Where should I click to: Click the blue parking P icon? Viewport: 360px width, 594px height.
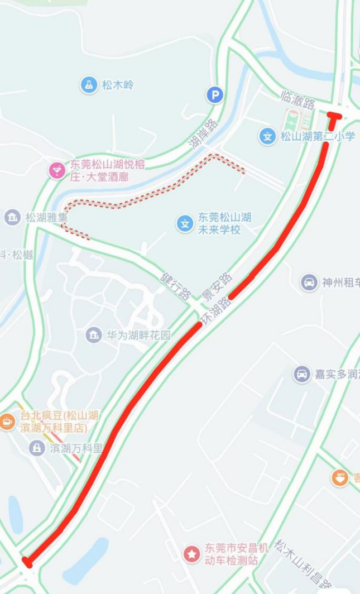coord(214,95)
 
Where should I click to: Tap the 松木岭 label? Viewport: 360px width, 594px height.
coord(118,85)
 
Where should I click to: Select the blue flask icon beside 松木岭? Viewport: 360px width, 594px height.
coord(88,85)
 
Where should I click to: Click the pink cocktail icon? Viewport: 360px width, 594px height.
coord(56,170)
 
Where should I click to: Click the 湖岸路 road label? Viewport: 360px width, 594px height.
coord(203,134)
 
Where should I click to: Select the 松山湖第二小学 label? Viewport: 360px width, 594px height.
coord(317,136)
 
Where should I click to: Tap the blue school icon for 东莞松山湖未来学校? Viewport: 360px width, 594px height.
coord(185,224)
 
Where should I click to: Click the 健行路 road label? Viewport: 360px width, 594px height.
coord(176,286)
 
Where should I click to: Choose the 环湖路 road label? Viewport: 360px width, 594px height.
coord(215,310)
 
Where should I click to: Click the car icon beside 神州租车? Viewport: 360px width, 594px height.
coord(309,282)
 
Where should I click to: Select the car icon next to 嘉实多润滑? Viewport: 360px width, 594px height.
coord(302,374)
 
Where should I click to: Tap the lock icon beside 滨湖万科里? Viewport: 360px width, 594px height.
coord(37,448)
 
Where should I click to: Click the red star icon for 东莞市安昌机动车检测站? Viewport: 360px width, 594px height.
coord(192,554)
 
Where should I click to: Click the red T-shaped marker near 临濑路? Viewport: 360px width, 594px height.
coord(333,119)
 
